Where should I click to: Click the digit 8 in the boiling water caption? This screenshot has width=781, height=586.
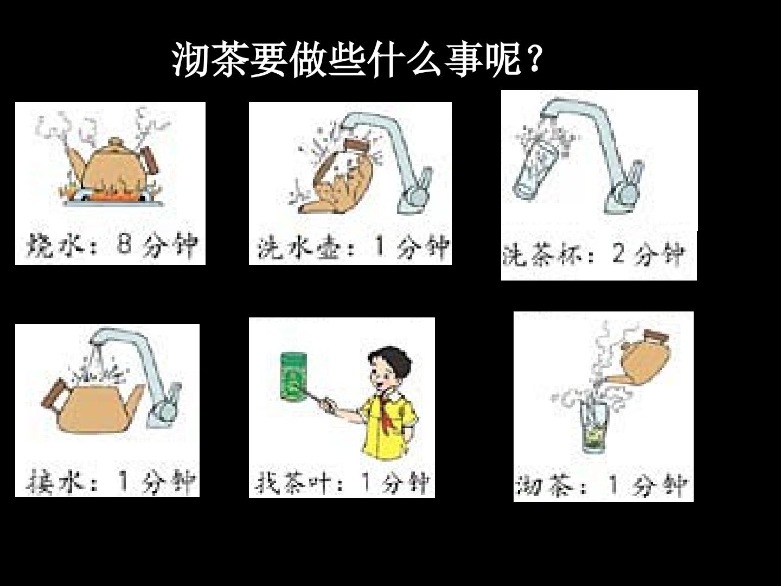pos(124,244)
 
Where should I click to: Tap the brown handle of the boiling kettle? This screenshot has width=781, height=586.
pos(150,161)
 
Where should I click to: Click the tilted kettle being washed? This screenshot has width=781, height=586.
pos(338,178)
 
